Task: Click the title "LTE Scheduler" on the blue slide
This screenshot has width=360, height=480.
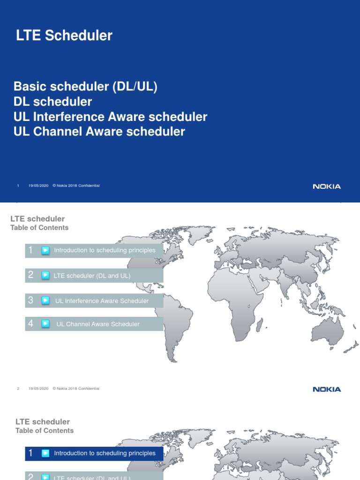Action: [64, 36]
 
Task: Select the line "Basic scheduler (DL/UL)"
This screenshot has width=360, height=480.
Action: [85, 86]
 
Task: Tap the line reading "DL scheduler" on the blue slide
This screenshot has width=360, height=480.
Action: [53, 101]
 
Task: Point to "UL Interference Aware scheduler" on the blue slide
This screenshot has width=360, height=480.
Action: [111, 117]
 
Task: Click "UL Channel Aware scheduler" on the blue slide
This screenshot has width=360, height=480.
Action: [99, 132]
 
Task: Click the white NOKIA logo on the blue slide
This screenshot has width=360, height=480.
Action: [327, 187]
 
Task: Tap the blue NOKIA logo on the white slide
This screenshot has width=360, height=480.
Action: [327, 389]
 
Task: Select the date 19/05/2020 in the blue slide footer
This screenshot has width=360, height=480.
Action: [38, 186]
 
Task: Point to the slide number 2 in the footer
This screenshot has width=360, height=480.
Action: [18, 389]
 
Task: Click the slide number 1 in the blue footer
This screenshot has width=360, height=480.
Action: [18, 186]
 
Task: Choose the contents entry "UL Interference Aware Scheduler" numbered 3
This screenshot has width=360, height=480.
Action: [102, 301]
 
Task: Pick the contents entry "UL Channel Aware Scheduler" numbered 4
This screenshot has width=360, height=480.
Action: [98, 324]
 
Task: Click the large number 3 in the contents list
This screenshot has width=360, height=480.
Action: [31, 300]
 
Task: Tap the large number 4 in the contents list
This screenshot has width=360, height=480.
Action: [31, 323]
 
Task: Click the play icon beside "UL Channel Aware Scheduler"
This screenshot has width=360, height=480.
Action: [45, 323]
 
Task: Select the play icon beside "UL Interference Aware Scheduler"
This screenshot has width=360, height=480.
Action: [45, 300]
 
